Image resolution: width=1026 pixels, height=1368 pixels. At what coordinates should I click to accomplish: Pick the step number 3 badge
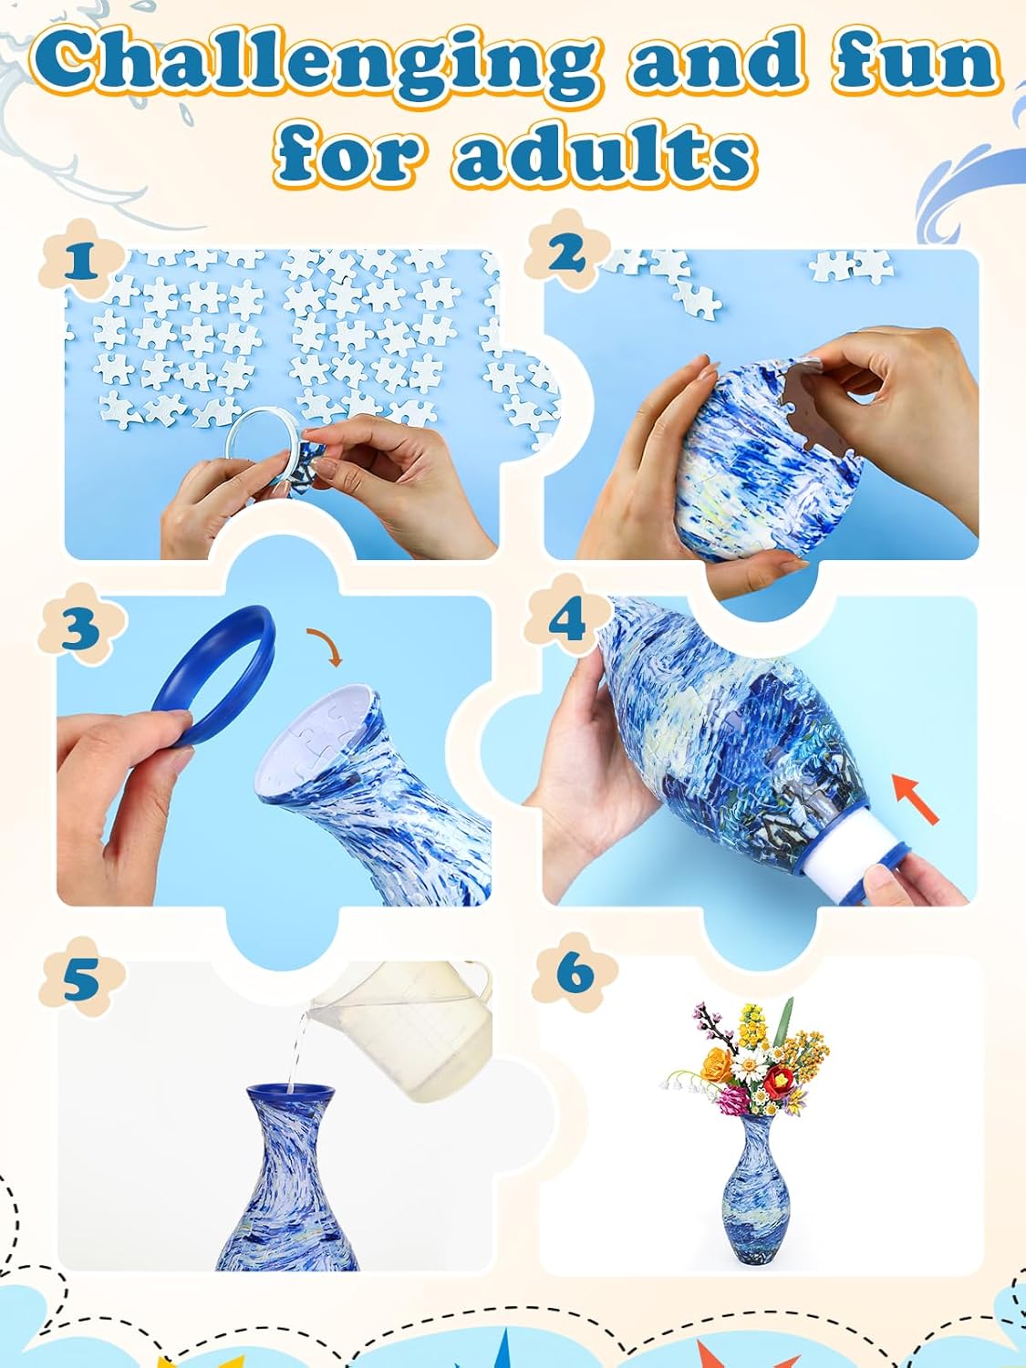coord(80,628)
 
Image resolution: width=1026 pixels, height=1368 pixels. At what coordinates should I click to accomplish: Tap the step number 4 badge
coord(567,620)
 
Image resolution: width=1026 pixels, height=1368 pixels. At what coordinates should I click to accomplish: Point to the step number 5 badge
coord(80,980)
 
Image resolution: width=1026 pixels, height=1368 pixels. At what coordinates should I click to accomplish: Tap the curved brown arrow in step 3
coord(325,645)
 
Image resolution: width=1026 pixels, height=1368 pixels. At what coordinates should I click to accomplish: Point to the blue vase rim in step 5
coord(288,1091)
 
